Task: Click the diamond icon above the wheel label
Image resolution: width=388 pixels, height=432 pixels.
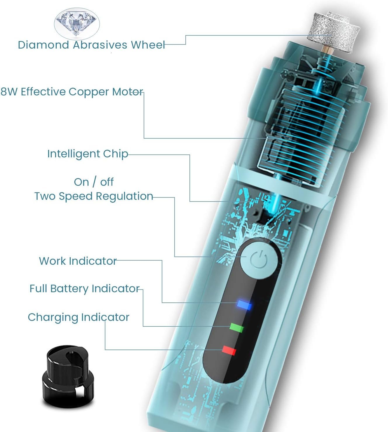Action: tap(77, 23)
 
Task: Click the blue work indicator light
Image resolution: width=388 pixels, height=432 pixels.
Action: tap(244, 304)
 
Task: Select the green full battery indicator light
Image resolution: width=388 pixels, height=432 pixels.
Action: tap(237, 327)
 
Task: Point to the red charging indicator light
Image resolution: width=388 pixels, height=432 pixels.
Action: tap(229, 350)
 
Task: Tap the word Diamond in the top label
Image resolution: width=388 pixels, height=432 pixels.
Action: tap(43, 45)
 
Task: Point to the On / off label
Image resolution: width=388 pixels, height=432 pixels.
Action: tap(93, 182)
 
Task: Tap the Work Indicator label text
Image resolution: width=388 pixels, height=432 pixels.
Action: tap(78, 261)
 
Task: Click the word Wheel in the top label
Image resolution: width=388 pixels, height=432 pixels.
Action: tap(148, 45)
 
